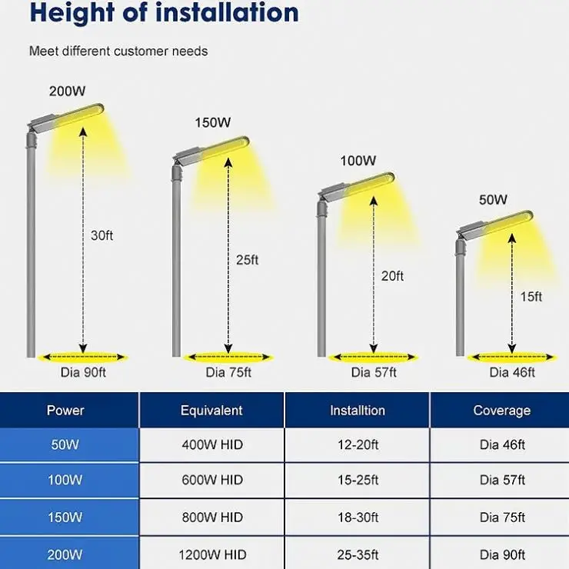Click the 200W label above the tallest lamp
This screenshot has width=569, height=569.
click(x=67, y=92)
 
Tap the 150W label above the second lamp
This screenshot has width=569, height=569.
click(x=212, y=123)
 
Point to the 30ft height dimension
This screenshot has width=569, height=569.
click(x=101, y=235)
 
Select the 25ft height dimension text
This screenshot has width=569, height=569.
click(x=247, y=260)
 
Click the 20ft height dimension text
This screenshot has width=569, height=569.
click(x=392, y=276)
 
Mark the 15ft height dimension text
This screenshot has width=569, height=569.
click(x=531, y=297)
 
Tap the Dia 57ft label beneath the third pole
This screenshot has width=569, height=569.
click(x=374, y=373)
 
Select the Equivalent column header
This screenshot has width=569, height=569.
click(x=211, y=411)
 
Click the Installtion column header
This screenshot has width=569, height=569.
click(x=358, y=411)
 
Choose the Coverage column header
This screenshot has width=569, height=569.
click(x=501, y=411)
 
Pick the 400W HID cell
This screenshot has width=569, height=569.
click(x=211, y=445)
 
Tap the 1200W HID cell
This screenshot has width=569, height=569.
click(x=211, y=554)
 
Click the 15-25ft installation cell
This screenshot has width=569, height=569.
click(x=358, y=481)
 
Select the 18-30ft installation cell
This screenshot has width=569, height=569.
click(x=358, y=517)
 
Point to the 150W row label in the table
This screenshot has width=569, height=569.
click(x=65, y=517)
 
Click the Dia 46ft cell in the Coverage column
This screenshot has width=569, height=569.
click(x=501, y=445)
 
